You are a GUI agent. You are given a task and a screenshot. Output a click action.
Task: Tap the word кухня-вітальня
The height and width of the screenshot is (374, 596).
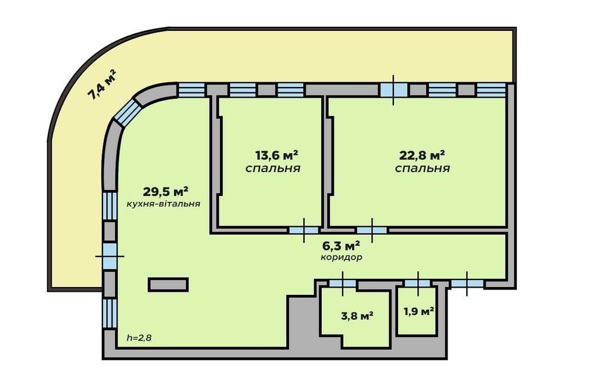[x=163, y=204]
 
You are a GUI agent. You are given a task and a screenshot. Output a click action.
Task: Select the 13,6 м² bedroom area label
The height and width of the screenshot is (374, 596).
[x=277, y=155]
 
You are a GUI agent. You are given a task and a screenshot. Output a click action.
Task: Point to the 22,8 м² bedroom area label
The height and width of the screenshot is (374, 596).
[x=422, y=155]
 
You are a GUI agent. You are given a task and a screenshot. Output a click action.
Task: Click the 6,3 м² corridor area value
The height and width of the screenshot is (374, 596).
[x=341, y=246]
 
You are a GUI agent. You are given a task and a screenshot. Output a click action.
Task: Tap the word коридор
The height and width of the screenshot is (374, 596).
[x=341, y=257]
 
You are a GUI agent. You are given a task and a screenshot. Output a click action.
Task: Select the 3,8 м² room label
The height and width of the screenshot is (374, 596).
[x=356, y=316]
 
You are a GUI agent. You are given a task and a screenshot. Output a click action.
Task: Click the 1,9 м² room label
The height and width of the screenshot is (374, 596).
[x=419, y=311]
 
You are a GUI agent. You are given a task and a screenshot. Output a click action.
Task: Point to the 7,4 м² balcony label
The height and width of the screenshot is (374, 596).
[x=102, y=85]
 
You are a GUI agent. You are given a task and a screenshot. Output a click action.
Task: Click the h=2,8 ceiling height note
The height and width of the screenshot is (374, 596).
[x=139, y=338]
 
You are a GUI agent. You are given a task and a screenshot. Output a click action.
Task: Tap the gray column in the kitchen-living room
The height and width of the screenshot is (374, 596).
[x=169, y=285]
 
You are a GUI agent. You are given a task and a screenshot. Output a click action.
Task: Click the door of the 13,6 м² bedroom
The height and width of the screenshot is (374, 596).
[x=304, y=230]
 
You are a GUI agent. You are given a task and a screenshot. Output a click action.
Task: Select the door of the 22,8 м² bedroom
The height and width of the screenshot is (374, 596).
[x=372, y=230]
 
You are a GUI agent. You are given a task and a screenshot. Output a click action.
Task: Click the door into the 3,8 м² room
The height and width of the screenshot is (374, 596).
[x=343, y=283]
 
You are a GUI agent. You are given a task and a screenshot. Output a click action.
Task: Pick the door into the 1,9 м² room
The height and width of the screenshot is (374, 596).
[x=417, y=283]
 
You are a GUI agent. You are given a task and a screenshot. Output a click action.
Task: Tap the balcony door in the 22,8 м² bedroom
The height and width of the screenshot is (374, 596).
[x=393, y=90]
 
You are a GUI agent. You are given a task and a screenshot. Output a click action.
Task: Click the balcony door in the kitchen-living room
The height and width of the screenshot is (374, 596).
[x=110, y=256]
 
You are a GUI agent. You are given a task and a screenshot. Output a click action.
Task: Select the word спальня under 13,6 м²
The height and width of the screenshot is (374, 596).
[x=273, y=168]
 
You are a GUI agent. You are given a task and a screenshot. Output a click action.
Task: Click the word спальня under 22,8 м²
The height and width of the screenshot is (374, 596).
[x=423, y=168]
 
